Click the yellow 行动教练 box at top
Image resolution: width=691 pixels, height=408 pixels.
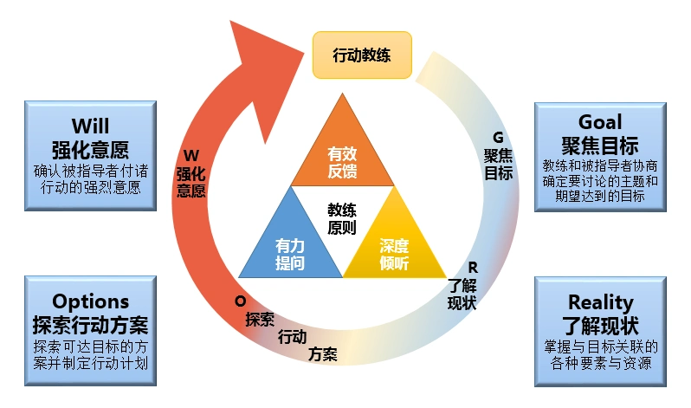click(362, 55)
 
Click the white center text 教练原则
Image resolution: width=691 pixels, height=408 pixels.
click(341, 218)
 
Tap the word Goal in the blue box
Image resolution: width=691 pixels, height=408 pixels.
click(600, 121)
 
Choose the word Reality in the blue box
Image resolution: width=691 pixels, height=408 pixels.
click(600, 302)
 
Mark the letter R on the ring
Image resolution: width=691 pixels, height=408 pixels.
click(473, 267)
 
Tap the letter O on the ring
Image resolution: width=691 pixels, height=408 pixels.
click(240, 300)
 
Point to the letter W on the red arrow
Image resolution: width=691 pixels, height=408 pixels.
click(192, 155)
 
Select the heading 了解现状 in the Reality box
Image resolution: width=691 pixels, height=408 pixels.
click(600, 326)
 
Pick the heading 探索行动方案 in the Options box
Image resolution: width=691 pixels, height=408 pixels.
click(91, 325)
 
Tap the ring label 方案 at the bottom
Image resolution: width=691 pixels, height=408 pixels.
click(323, 353)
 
